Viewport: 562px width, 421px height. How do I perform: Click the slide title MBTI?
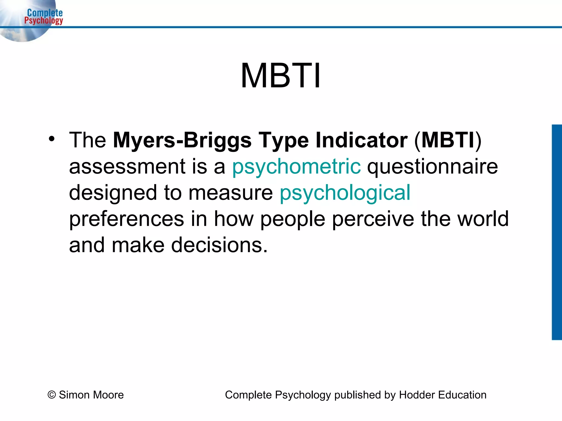coord(280,76)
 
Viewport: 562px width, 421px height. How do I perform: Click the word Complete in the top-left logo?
coord(45,13)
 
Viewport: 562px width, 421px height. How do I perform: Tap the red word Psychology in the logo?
coord(44,21)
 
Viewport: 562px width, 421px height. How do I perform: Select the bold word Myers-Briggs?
coord(182,140)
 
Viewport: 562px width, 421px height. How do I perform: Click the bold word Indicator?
coord(361,140)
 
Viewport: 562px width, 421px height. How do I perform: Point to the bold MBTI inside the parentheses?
coord(448,140)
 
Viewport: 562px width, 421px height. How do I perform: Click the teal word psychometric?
coord(296,167)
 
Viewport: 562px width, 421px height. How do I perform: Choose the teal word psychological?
coord(345,193)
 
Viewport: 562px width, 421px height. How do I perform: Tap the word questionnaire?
coord(432,167)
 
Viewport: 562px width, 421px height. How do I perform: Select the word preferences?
coord(127,219)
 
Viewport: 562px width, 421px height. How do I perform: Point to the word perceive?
coord(373,219)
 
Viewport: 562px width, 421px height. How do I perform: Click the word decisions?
coord(219,245)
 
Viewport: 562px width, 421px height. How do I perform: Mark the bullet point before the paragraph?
coord(51,139)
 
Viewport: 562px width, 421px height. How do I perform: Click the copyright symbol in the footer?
coord(52,395)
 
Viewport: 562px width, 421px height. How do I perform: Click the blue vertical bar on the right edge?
coord(557,232)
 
